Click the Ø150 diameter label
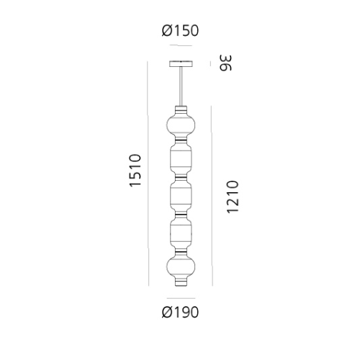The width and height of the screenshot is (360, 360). (180, 31)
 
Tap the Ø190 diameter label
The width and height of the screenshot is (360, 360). (180, 312)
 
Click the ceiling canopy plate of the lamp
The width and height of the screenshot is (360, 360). (180, 63)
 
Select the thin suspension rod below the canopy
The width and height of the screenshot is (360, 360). (180, 86)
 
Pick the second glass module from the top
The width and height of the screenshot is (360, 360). (180, 159)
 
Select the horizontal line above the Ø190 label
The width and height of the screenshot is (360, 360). (180, 297)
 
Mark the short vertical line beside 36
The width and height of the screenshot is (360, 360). (211, 63)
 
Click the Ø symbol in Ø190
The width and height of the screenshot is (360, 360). (167, 312)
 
